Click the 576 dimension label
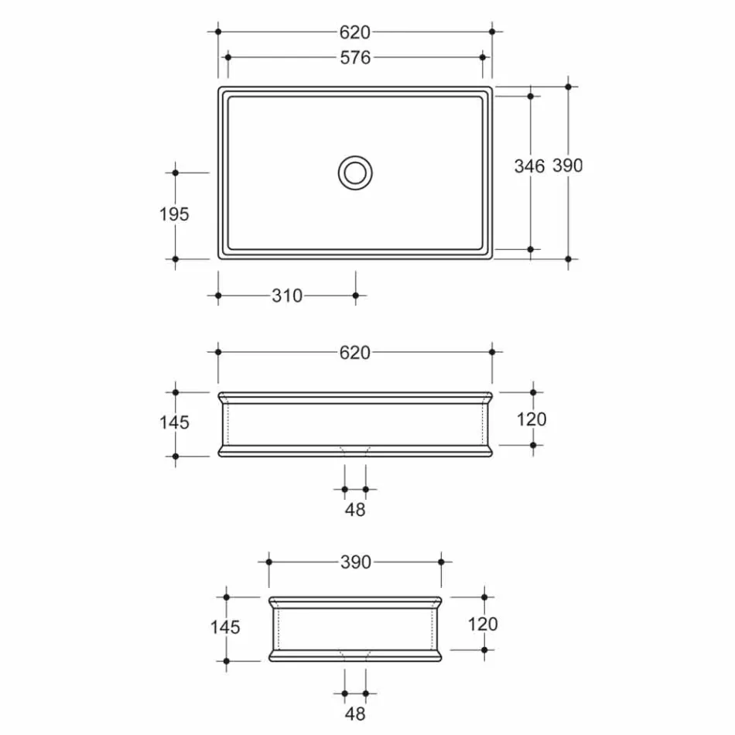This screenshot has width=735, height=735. click(x=355, y=58)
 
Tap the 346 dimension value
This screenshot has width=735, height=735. click(x=529, y=166)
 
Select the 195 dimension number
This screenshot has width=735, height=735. click(x=174, y=214)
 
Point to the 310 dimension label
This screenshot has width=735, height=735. click(x=287, y=296)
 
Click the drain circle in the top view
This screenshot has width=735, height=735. click(x=355, y=156)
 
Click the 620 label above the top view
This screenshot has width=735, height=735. click(x=355, y=32)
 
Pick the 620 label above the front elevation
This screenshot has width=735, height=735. click(x=355, y=353)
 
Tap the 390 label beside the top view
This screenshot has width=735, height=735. click(x=568, y=166)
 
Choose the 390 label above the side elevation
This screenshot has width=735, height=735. click(x=356, y=562)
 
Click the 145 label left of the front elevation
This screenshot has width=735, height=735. click(x=174, y=422)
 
